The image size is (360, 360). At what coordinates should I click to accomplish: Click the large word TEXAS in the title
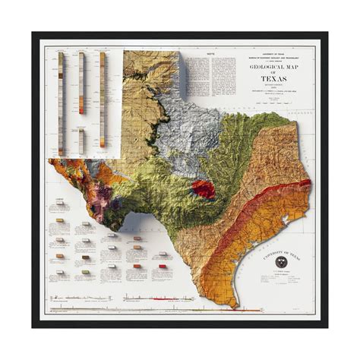click(x=273, y=77)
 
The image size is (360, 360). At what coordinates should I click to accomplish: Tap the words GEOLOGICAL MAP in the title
click(x=272, y=66)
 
